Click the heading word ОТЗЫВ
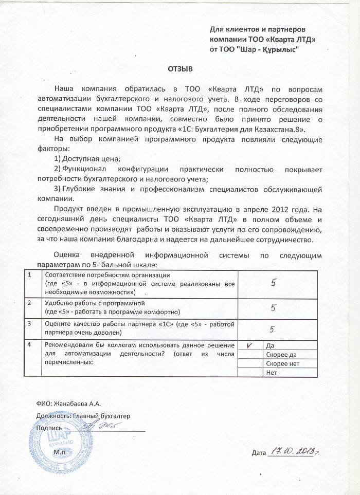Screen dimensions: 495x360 coord(179,68)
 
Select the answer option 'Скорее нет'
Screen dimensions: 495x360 coord(281,363)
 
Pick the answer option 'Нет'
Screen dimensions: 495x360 coord(271,372)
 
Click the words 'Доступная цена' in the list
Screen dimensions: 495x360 coord(92,159)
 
